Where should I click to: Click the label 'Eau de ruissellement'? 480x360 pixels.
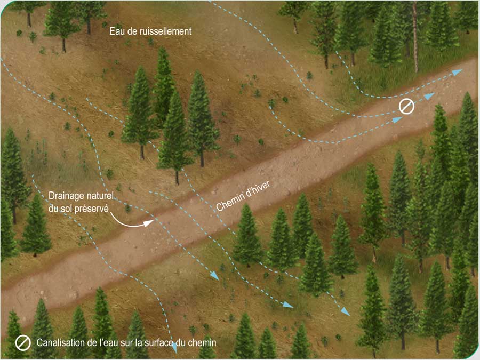(x=150, y=31)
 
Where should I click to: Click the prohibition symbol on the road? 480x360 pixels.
(x=406, y=107)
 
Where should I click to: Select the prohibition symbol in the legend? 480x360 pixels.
(x=23, y=343)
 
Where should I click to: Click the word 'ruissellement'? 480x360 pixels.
(x=163, y=31)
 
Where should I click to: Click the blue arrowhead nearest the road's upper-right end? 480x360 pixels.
(x=457, y=71)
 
